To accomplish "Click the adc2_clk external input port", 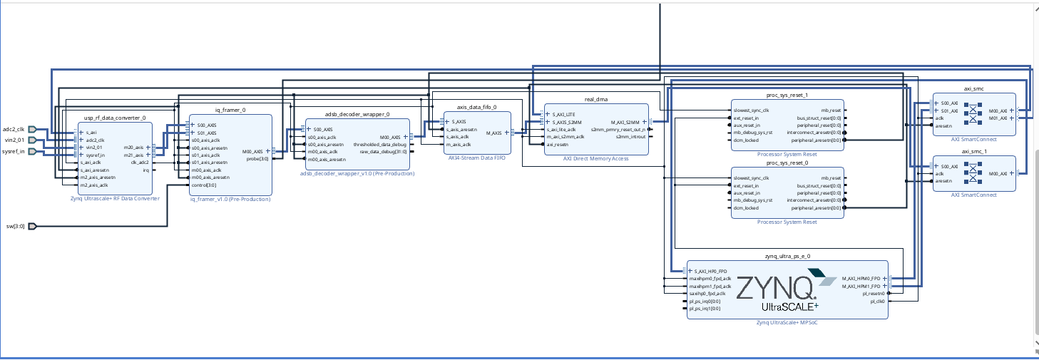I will pyautogui.click(x=31, y=130).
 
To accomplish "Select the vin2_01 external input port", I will pyautogui.click(x=31, y=140).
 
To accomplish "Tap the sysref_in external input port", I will pyautogui.click(x=31, y=151).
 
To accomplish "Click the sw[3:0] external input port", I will pyautogui.click(x=31, y=227).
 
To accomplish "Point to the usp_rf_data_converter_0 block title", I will pyautogui.click(x=115, y=118).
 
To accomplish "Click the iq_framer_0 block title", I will pyautogui.click(x=230, y=110).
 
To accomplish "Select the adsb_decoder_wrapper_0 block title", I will pyautogui.click(x=357, y=114).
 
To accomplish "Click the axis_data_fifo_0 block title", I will pyautogui.click(x=476, y=107).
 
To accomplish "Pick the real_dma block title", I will pyautogui.click(x=595, y=100).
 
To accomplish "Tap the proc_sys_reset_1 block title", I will pyautogui.click(x=788, y=95).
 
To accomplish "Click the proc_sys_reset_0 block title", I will pyautogui.click(x=788, y=163).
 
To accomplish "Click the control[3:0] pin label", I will pyautogui.click(x=205, y=185).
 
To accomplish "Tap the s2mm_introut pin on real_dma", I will pyautogui.click(x=630, y=137).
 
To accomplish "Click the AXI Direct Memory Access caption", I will pyautogui.click(x=596, y=159).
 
